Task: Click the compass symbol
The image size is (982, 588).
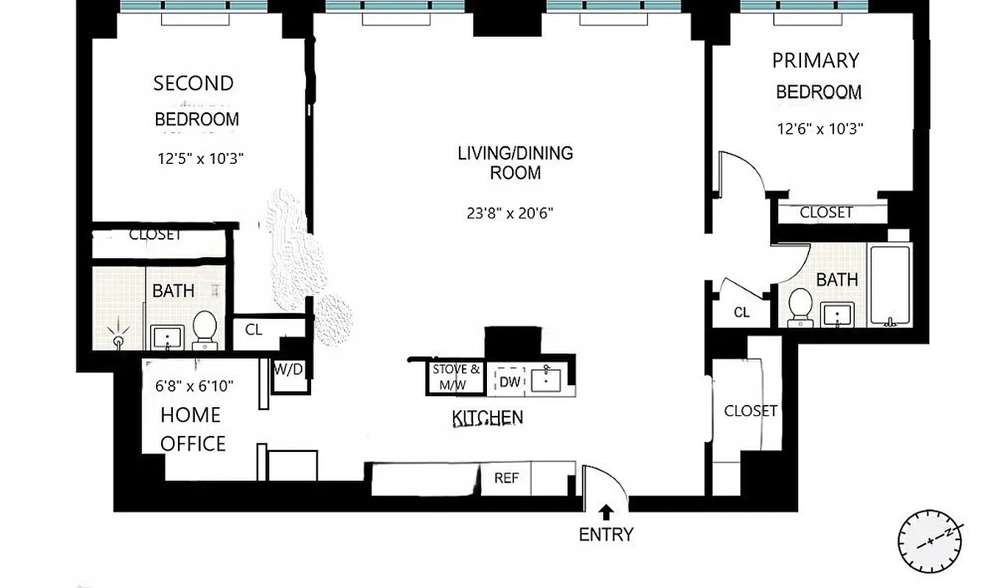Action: [x=930, y=541]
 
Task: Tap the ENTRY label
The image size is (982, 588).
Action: [x=605, y=534]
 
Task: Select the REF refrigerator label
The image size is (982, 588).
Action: [x=506, y=478]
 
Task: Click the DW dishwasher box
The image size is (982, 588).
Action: [x=510, y=381]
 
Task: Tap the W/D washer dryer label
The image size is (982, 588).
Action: [x=288, y=369]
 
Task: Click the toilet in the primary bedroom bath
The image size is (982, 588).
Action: [x=799, y=307]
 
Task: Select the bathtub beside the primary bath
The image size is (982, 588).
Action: [x=890, y=285]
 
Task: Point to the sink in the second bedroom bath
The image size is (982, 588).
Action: [x=168, y=337]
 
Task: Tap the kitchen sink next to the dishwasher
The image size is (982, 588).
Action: [x=547, y=379]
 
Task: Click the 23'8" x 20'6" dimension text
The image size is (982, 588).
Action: [x=509, y=214]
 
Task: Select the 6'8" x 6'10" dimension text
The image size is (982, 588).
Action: [x=194, y=386]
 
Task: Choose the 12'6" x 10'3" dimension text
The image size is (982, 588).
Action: [x=819, y=128]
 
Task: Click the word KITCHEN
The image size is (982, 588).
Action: [x=487, y=418]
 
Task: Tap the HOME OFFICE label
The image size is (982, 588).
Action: [x=192, y=429]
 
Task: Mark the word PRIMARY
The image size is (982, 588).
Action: [x=815, y=60]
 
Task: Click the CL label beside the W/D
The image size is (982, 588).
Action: [x=254, y=329]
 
